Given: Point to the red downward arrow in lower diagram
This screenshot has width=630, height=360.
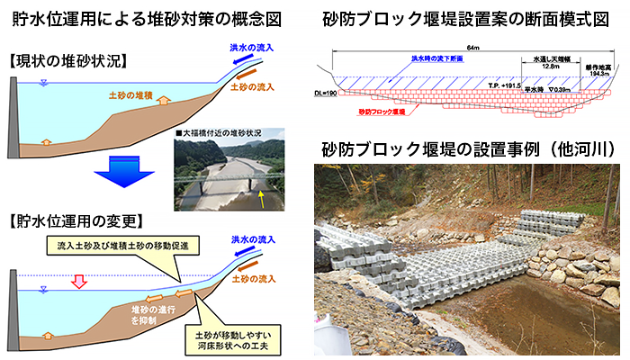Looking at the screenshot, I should (78, 280).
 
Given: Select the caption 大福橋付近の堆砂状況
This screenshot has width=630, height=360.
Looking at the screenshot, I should (222, 133).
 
